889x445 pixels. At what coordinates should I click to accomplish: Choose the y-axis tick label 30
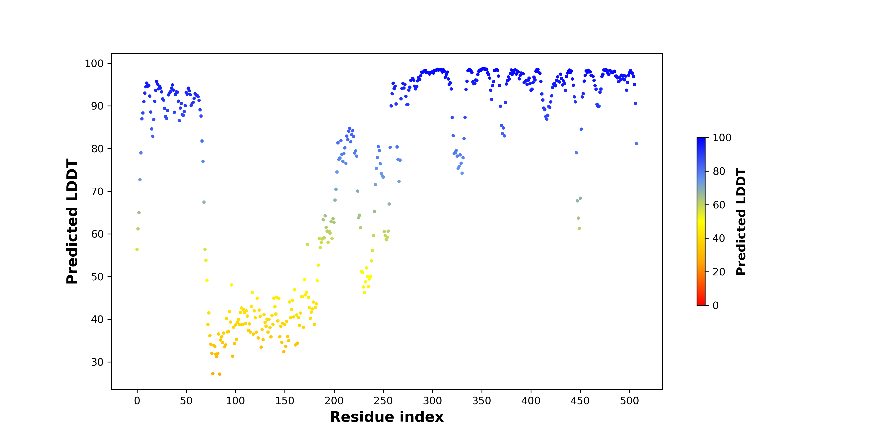point(97,362)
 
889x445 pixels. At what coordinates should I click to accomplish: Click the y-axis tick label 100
point(94,64)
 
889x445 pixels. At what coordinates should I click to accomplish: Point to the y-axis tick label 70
point(97,191)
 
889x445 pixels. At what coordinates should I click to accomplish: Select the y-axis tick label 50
point(97,277)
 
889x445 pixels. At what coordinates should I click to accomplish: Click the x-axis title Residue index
point(386,417)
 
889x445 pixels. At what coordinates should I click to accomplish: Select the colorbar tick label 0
point(716,305)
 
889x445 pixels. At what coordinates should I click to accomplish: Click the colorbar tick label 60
point(719,205)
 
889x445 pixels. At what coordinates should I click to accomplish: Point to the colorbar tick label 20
point(719,272)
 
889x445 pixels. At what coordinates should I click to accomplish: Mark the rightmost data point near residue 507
point(636,144)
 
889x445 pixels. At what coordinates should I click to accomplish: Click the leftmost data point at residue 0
point(137,249)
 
